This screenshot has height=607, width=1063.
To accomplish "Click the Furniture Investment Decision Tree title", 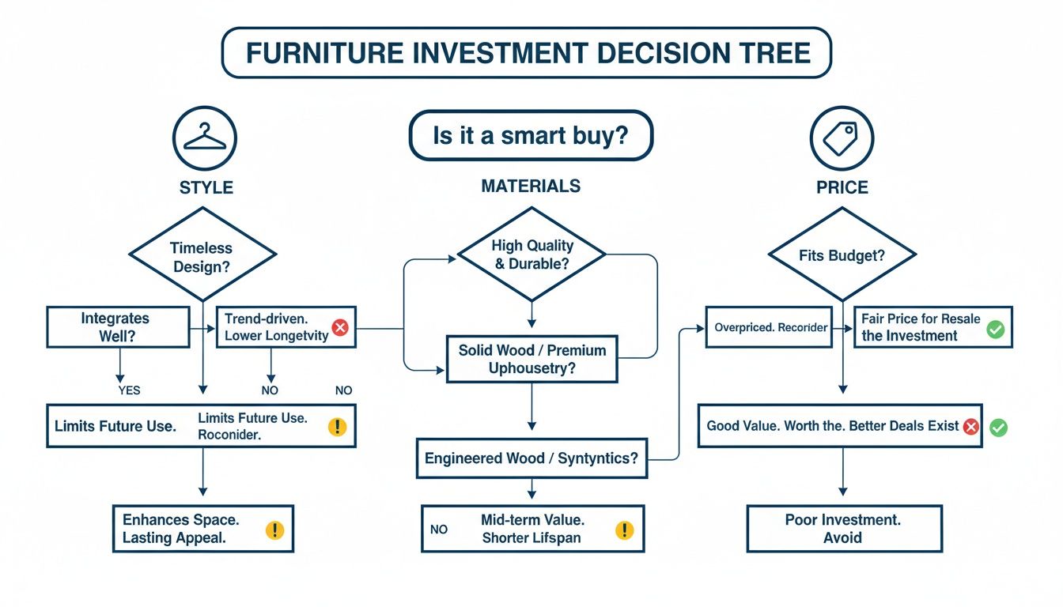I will click(527, 53).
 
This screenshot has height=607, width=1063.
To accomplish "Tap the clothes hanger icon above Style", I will click(205, 138).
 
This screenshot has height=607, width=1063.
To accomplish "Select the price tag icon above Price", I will click(842, 138).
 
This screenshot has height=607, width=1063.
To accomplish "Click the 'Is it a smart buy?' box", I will click(531, 136).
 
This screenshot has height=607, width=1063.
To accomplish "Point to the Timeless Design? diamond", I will click(203, 254).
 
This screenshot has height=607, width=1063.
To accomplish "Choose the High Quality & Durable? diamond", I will click(531, 254).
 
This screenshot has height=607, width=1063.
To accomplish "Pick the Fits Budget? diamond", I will click(842, 254).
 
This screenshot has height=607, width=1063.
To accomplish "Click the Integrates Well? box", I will click(118, 327).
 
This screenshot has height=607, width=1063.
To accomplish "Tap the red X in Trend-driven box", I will click(340, 327).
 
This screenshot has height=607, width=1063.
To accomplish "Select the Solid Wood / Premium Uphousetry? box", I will click(531, 359).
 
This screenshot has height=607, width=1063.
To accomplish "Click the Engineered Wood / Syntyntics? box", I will click(531, 458).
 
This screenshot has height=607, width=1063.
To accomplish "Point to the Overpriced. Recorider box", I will click(771, 327).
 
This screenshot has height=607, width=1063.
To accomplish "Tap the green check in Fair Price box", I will click(995, 329).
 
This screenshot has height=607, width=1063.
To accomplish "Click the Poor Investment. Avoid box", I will click(844, 529).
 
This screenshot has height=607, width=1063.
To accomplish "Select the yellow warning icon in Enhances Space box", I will click(275, 530).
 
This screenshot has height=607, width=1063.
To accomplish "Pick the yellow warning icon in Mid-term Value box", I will click(625, 530).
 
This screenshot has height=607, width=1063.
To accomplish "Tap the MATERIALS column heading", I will click(531, 187).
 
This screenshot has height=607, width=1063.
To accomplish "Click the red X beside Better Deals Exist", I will click(970, 427).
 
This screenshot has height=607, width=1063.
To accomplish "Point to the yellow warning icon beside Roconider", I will click(338, 427).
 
